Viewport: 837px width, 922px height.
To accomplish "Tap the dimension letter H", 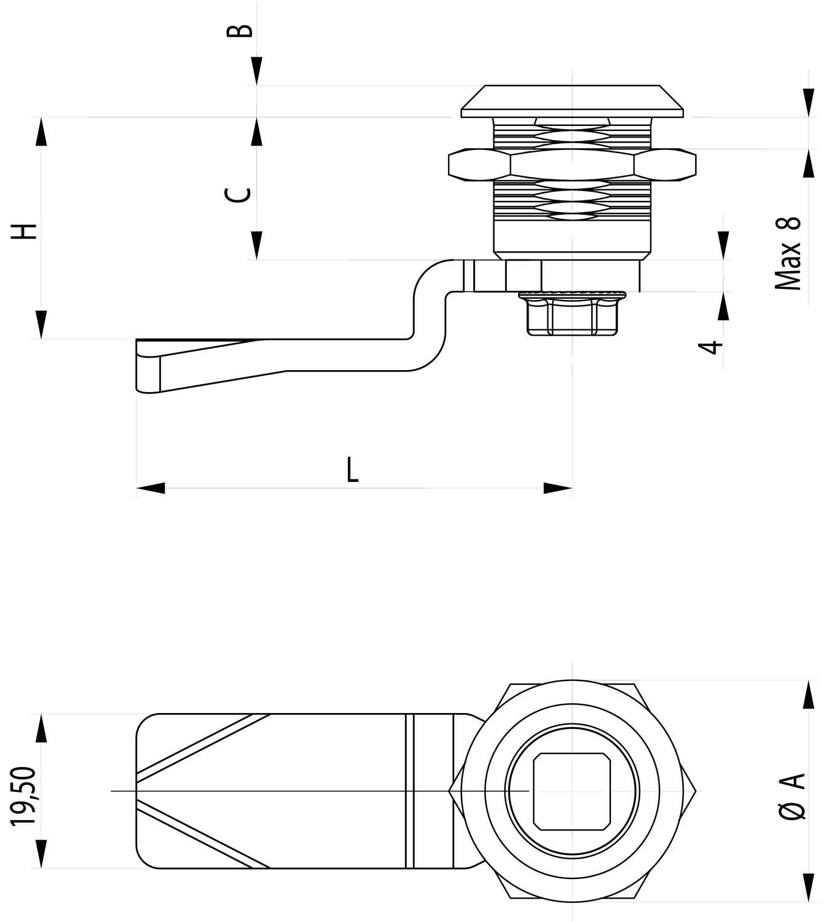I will point(26,231).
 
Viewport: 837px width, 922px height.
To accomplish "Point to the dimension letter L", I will point(352,470).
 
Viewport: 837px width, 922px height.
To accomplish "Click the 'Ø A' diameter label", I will point(793,795).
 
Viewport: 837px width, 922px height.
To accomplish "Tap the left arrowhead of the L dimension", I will point(151,488).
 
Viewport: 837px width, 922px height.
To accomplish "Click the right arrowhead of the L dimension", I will point(557,488).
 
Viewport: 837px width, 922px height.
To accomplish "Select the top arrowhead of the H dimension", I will point(41,132).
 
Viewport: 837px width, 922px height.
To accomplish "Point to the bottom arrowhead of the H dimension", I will point(41,325).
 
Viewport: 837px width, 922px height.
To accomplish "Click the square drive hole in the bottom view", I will point(572,790).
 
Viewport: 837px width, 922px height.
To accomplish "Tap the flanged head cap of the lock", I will point(572,101).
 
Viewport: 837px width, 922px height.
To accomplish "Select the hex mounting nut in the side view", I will point(572,165).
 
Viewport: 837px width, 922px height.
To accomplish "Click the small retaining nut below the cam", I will point(572,315).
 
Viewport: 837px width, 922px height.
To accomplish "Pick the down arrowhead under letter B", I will point(257,71).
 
